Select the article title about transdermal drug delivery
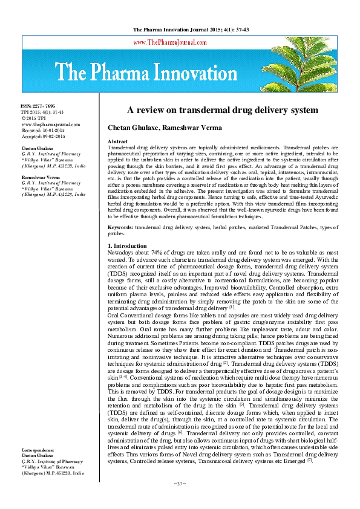(221, 110)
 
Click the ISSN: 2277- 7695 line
(41, 106)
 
